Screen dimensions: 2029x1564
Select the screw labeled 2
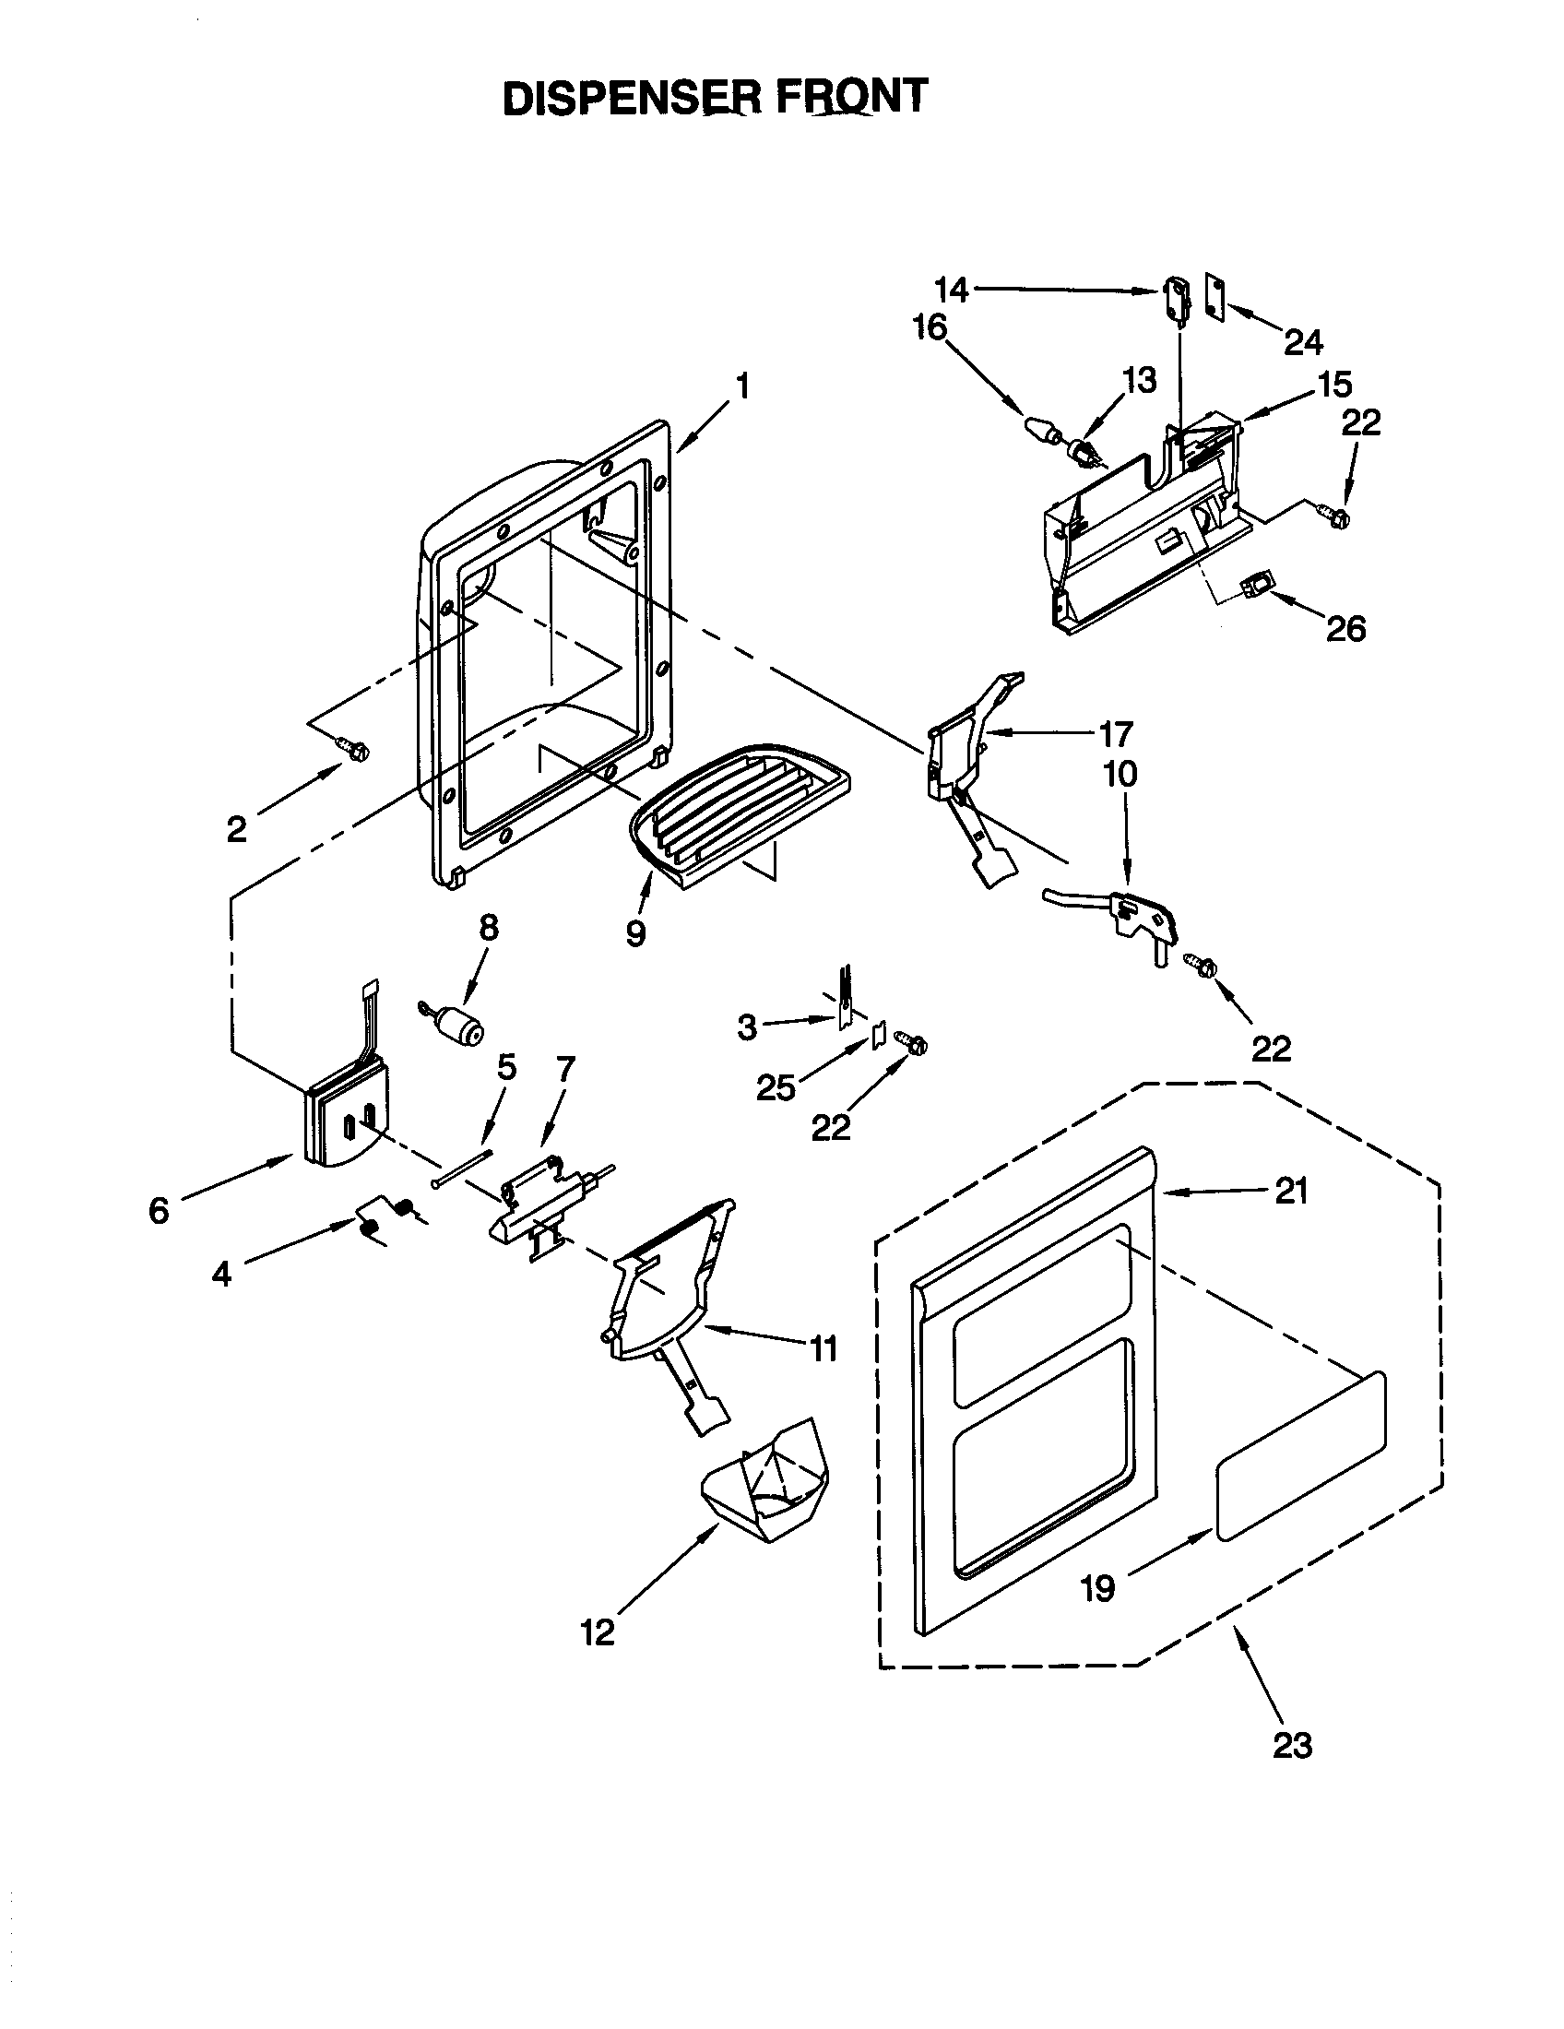click(x=353, y=747)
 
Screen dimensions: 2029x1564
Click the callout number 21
click(x=1291, y=1190)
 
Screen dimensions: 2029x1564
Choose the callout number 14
click(x=951, y=291)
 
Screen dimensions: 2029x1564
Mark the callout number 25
click(x=776, y=1087)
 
